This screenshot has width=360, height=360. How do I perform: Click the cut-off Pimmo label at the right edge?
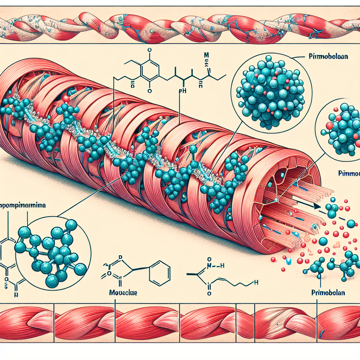click(349, 173)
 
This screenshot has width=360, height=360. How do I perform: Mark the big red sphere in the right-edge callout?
click(329, 126)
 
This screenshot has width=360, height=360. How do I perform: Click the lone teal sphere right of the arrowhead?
click(351, 224)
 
